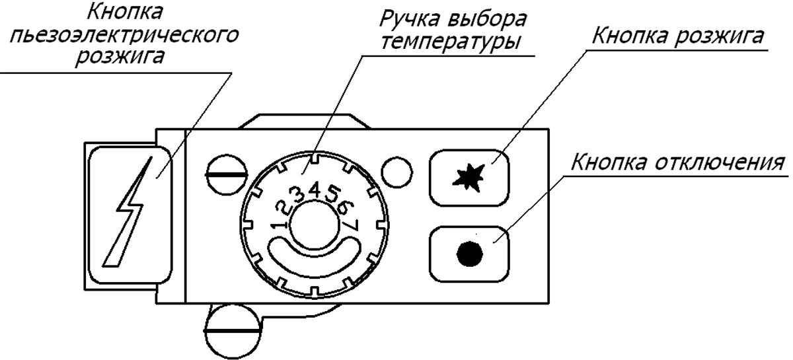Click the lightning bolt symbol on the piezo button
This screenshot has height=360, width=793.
coord(130,211)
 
